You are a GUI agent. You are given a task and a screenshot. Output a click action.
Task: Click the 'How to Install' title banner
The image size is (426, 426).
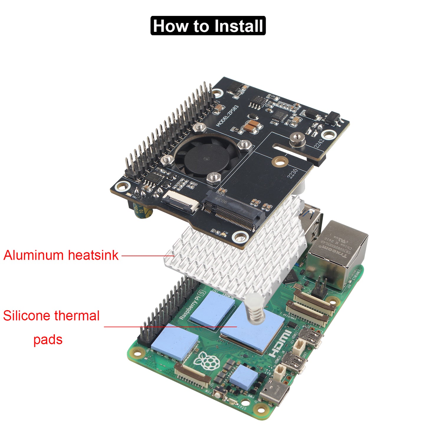pos(208,26)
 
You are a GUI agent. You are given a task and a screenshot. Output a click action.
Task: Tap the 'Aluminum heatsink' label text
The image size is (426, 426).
pos(61,255)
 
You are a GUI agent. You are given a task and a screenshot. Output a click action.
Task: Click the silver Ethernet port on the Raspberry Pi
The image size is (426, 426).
pos(339,254)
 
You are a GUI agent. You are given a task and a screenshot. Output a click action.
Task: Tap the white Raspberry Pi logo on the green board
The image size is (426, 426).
pos(208,361)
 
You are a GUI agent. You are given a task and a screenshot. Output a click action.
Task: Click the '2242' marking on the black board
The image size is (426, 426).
pos(319,143)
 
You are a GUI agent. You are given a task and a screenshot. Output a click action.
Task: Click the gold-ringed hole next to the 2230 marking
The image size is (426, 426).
pos(279,162)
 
